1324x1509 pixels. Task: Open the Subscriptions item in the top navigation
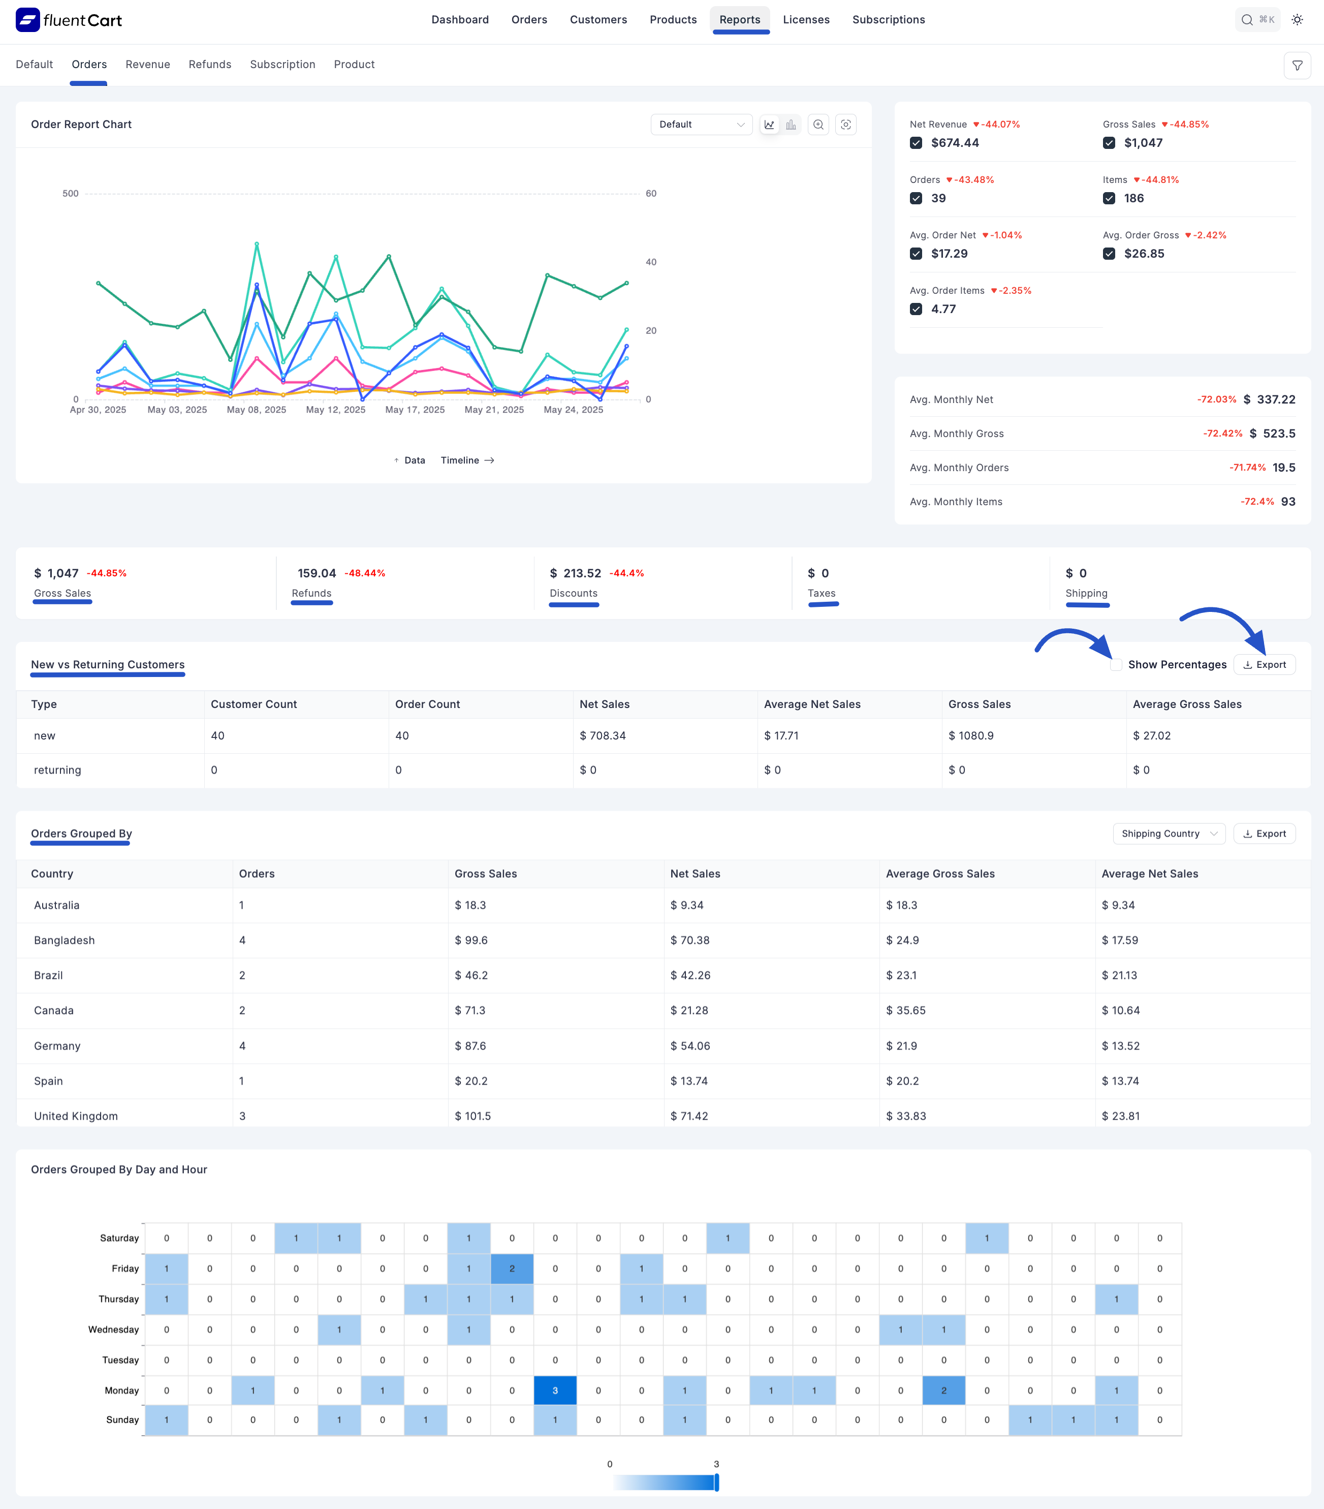[x=888, y=20]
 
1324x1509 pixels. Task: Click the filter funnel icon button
[x=1297, y=66]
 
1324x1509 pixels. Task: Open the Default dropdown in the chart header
[x=701, y=124]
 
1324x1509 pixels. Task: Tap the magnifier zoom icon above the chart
[x=818, y=124]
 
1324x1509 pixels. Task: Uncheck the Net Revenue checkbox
[x=916, y=143]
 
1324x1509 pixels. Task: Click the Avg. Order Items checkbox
[x=916, y=310]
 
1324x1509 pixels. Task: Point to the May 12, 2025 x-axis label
[x=336, y=410]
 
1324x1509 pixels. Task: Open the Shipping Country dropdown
[x=1168, y=834]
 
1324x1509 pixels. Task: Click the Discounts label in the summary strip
[x=574, y=593]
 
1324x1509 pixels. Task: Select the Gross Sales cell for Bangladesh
[x=471, y=940]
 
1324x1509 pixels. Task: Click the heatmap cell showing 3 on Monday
[x=555, y=1390]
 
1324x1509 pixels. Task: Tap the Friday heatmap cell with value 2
[x=512, y=1268]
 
